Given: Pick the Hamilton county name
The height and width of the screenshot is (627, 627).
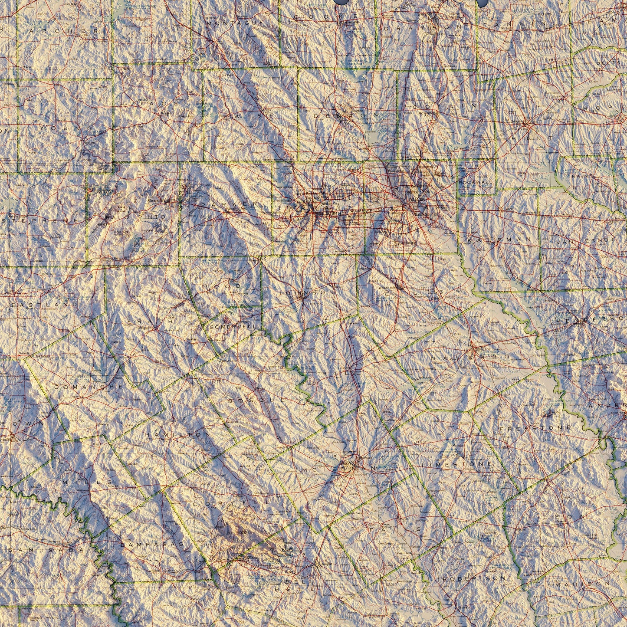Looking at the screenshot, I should click(x=177, y=434).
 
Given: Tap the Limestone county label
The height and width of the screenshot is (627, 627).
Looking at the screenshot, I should click(x=457, y=465).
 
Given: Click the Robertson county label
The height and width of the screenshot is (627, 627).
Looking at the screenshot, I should click(x=475, y=578).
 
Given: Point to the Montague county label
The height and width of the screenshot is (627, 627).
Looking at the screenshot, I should click(x=235, y=22).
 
